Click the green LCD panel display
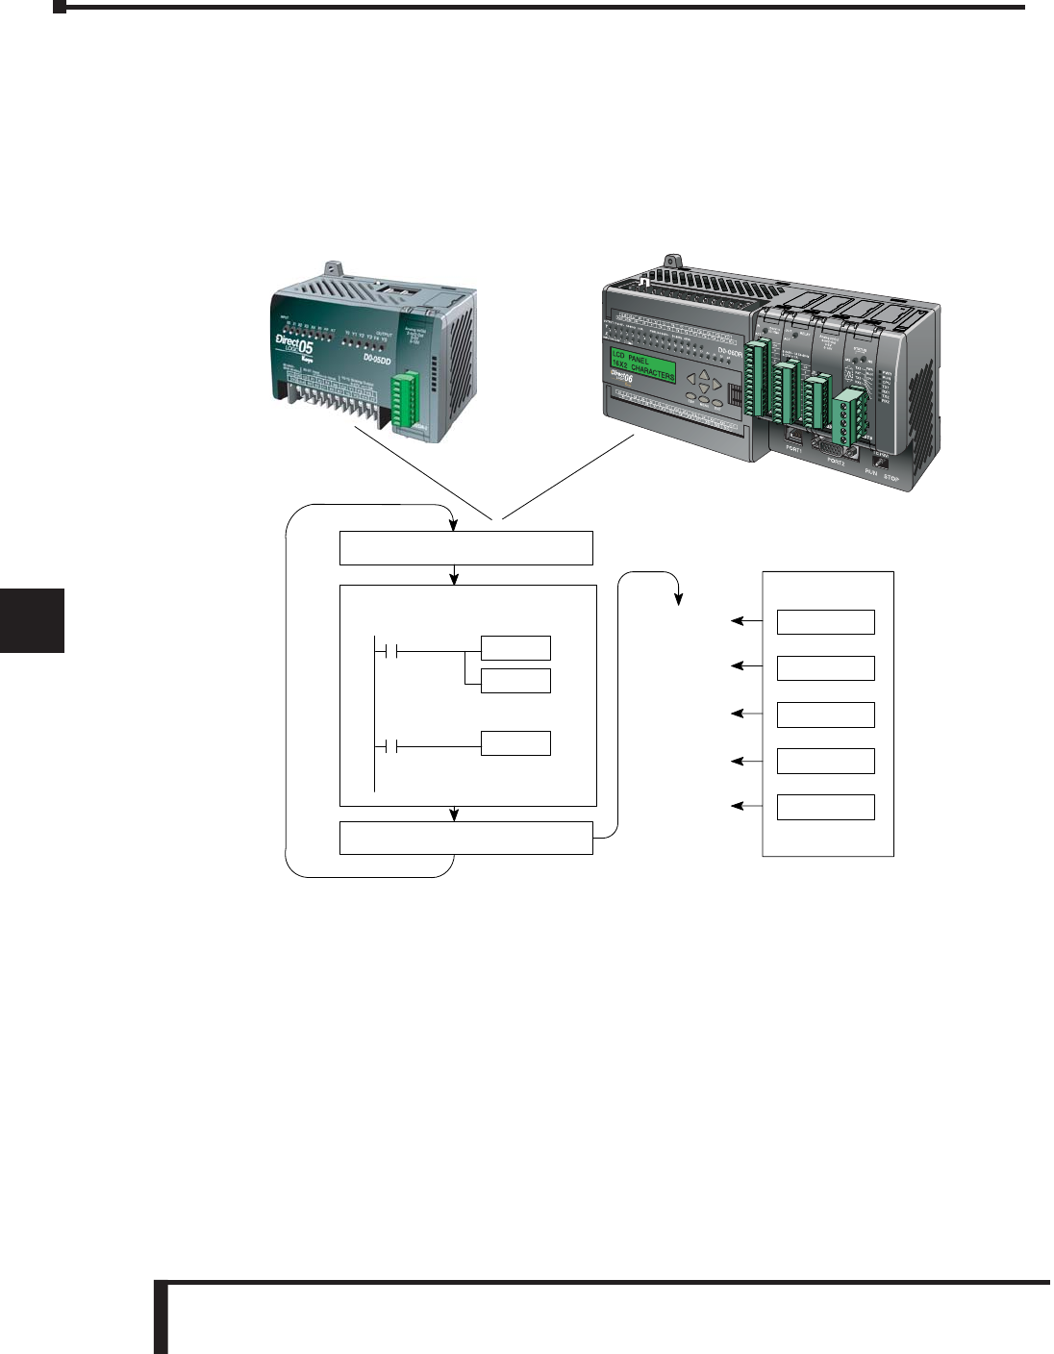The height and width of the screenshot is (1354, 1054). pos(643,365)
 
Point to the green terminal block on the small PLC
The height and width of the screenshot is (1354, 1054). pos(406,399)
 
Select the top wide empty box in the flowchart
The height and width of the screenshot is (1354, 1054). pos(466,547)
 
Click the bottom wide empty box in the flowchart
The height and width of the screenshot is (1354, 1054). pos(466,838)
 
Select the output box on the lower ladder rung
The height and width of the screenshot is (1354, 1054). pos(515,743)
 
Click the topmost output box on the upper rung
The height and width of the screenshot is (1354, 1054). pos(515,647)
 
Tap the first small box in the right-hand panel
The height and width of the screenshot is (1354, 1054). pos(825,622)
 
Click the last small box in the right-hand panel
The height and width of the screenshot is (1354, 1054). pos(825,807)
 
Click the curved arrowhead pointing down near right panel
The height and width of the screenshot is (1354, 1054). pos(677,598)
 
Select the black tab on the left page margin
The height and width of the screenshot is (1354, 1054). pos(32,621)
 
